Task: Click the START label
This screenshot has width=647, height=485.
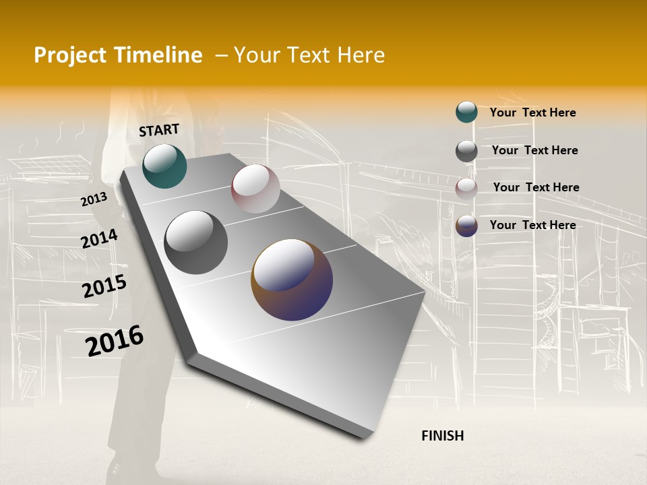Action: pos(159,130)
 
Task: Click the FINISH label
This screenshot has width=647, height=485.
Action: pos(442,436)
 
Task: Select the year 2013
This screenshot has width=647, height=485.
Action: pos(94,199)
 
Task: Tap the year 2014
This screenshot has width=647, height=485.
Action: pos(99,239)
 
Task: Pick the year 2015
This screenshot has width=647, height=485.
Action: pos(104,286)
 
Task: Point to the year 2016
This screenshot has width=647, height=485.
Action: pos(115,341)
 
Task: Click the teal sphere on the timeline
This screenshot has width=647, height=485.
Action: pos(164,166)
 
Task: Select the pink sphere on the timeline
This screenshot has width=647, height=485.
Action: pos(255,189)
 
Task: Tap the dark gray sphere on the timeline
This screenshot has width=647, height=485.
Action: pos(195,242)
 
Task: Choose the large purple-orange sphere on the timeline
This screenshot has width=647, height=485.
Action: pos(292,280)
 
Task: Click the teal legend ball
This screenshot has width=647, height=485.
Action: pos(466,112)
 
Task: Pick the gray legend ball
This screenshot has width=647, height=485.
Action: pos(466,151)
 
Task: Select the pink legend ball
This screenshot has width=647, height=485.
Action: pos(466,189)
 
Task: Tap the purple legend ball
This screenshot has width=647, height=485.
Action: pos(466,226)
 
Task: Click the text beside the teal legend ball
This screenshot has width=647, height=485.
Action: pos(532,112)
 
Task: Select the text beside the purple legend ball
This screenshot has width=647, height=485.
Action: pos(532,225)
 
